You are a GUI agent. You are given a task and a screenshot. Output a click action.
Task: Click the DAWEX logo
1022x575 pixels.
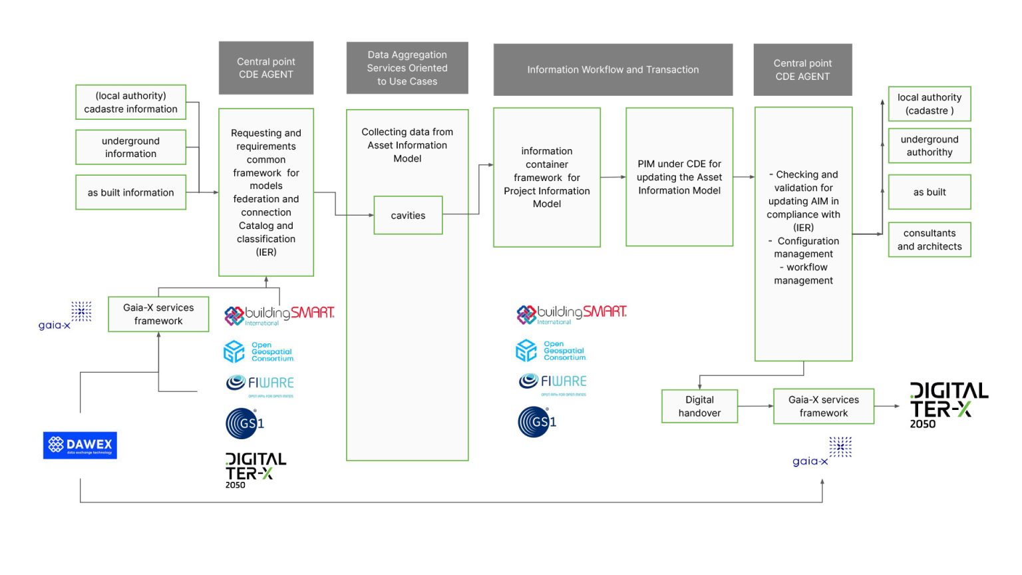point(80,445)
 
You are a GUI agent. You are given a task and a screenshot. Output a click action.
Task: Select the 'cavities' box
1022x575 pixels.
point(408,216)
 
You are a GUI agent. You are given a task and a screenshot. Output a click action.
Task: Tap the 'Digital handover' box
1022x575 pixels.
point(699,407)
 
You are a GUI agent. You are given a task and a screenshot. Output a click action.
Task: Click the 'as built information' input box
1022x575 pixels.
point(130,192)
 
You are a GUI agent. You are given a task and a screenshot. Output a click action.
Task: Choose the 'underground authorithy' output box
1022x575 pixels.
point(930,146)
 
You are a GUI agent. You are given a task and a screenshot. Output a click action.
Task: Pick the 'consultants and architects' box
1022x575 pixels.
point(930,240)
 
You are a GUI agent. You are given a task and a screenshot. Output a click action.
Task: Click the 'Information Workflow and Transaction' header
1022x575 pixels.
point(613,70)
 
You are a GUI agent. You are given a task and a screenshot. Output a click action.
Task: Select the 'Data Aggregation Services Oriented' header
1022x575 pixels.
point(407,68)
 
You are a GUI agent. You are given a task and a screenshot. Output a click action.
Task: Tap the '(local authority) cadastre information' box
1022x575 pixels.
point(130,102)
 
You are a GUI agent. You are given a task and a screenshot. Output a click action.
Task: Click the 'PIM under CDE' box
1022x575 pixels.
point(679,177)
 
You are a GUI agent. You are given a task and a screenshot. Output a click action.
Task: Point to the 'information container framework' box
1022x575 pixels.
point(547,178)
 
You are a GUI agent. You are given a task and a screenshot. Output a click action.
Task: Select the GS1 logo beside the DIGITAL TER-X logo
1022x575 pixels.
point(245,423)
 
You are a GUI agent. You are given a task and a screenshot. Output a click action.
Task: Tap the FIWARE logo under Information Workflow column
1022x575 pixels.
point(552,382)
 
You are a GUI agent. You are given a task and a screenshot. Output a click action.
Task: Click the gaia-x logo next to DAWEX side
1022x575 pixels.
point(65,316)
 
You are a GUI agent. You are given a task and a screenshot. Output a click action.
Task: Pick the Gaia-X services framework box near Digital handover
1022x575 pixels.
point(824,407)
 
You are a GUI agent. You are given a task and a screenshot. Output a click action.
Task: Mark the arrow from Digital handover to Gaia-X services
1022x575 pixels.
point(756,406)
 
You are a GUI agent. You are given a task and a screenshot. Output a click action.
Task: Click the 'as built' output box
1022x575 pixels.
point(930,192)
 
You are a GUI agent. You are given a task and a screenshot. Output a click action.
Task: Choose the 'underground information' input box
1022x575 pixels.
point(130,147)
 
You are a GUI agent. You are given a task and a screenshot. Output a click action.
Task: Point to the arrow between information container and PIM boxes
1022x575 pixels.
point(613,177)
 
